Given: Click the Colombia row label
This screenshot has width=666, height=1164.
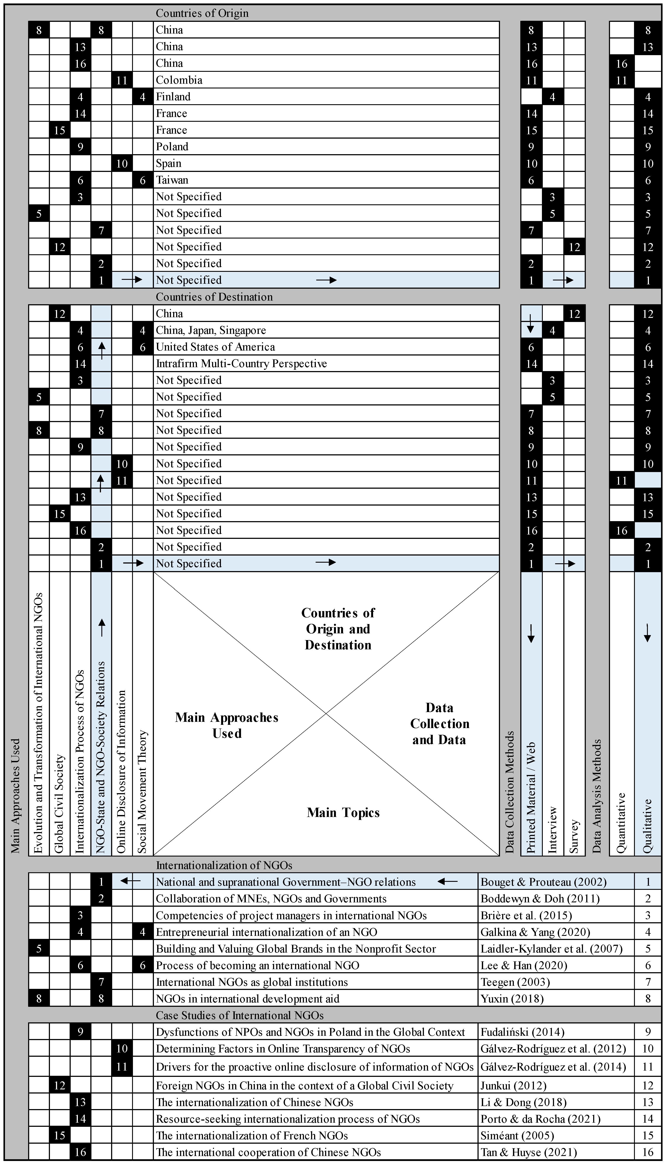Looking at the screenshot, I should pos(179,80).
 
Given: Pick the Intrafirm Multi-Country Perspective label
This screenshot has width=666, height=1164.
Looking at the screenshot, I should pos(241,364).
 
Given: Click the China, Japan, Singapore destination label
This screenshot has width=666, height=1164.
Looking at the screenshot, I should pos(211,330).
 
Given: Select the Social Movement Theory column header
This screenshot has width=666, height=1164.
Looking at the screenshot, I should pos(143,792).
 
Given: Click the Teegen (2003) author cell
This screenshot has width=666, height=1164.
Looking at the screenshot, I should pos(515,982).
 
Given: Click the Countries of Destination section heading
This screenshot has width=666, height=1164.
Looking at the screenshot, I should pos(214,297).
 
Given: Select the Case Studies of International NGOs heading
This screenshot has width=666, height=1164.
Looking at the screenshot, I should pos(240,1016).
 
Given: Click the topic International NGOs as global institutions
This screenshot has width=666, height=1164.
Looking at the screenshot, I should pos(252,982).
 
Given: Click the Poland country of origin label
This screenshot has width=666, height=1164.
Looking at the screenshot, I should pos(172,147).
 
